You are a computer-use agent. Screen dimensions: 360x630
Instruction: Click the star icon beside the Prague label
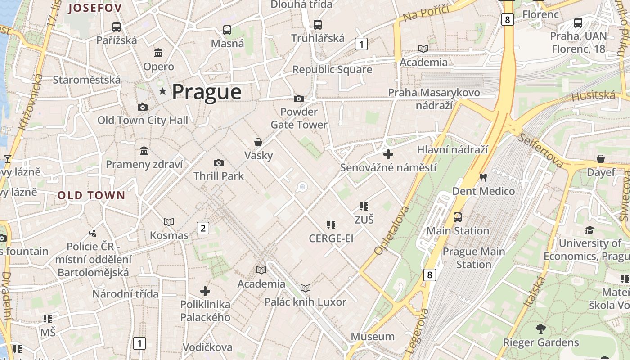point(162,92)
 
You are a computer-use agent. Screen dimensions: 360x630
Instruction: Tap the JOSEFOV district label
point(95,8)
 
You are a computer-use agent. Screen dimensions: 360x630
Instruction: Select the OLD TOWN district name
point(91,195)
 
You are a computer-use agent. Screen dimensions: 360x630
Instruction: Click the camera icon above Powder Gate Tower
point(298,99)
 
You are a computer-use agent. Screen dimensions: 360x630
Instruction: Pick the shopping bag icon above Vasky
point(258,142)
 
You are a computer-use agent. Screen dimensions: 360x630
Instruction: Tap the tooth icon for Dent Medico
point(483,178)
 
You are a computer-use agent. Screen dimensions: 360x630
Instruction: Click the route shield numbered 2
point(203,228)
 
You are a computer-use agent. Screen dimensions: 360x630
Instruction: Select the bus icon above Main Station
point(458,217)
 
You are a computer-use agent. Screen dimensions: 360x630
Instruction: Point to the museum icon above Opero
point(158,53)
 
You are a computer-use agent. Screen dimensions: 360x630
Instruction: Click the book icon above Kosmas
point(169,222)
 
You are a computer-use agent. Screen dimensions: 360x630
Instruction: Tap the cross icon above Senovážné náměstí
point(388,154)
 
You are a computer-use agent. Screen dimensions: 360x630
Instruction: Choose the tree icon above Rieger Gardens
point(540,329)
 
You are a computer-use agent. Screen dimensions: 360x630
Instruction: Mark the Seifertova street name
point(540,150)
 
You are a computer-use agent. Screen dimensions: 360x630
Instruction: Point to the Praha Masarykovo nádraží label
point(434,99)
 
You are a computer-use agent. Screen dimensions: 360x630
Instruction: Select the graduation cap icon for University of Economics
point(589,230)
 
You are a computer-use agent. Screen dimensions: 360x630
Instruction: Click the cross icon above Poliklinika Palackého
point(205,291)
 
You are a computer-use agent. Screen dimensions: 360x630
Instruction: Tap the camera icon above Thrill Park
point(219,163)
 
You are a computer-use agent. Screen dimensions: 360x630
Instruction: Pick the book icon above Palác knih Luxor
point(306,288)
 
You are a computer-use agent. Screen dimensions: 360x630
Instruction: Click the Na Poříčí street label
point(426,13)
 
